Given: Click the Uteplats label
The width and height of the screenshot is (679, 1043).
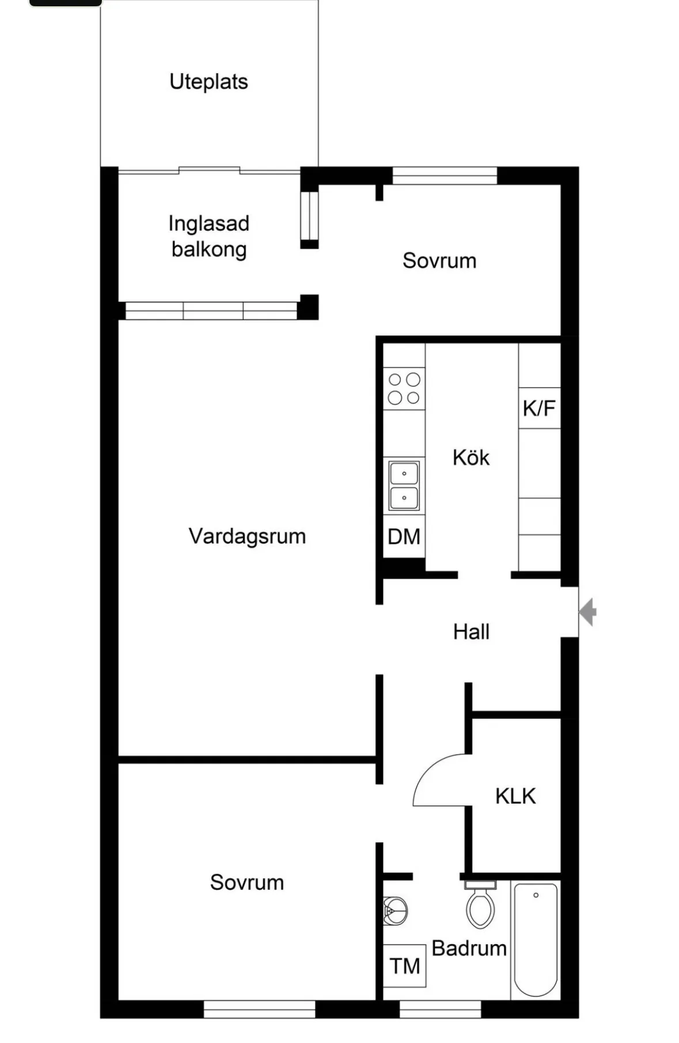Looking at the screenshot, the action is [x=208, y=82].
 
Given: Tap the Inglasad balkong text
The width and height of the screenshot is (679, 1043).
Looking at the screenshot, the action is [x=209, y=236].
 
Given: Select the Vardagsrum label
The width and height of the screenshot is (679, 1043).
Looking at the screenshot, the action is [x=247, y=536].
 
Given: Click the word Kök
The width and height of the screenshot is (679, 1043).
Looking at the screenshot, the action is [x=471, y=458].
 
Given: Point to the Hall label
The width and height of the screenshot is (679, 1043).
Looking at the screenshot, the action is [x=471, y=631].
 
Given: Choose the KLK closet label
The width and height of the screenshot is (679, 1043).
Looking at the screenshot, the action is [x=515, y=796].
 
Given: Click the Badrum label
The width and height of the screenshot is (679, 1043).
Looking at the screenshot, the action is [x=469, y=948].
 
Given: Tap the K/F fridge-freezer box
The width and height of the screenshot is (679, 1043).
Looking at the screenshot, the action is [x=540, y=408].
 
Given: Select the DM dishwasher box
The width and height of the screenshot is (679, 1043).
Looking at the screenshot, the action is [x=404, y=537].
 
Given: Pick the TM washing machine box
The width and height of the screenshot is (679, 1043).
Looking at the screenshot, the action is [x=404, y=966].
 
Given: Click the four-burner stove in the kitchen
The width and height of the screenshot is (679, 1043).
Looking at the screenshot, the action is [x=404, y=389].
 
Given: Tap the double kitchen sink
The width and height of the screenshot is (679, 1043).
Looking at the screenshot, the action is [x=404, y=485].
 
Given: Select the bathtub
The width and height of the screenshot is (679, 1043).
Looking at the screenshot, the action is [x=536, y=940].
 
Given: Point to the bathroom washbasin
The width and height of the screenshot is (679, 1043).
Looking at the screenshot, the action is [x=396, y=911].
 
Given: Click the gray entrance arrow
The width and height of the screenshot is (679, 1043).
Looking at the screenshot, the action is [x=587, y=611].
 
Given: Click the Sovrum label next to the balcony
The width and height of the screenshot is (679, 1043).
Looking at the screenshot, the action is [x=439, y=261].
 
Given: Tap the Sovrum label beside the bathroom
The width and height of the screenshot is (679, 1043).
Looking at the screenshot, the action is [x=247, y=882].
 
